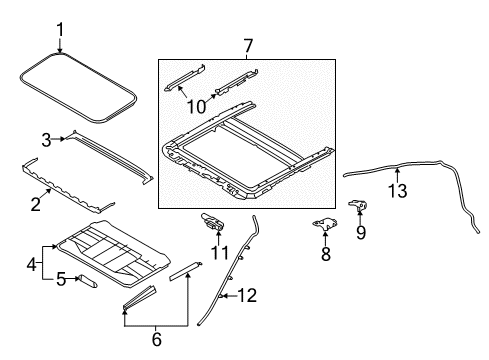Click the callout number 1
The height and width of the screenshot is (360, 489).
60,30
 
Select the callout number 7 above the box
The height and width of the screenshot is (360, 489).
248,46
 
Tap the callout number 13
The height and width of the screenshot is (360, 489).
398,191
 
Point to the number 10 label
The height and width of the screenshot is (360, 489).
196,107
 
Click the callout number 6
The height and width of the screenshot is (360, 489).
157,339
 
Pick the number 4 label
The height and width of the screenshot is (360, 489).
32,264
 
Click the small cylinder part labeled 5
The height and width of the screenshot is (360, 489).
87,281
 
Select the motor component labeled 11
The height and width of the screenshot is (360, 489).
212,222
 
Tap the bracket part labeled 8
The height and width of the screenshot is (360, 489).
324,224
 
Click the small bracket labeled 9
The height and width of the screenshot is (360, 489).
358,205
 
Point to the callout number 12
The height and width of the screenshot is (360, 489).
247,295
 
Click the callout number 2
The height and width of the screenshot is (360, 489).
35,204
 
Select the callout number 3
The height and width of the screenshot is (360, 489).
46,140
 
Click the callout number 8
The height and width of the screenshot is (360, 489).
326,253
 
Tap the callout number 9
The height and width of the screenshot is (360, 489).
361,232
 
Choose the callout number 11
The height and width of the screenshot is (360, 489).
219,253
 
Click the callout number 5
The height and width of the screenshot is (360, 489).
61,279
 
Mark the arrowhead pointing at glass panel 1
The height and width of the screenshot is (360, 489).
60,50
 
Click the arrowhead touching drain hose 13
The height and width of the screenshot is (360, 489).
397,171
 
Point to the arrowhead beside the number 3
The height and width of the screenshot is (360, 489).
62,139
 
